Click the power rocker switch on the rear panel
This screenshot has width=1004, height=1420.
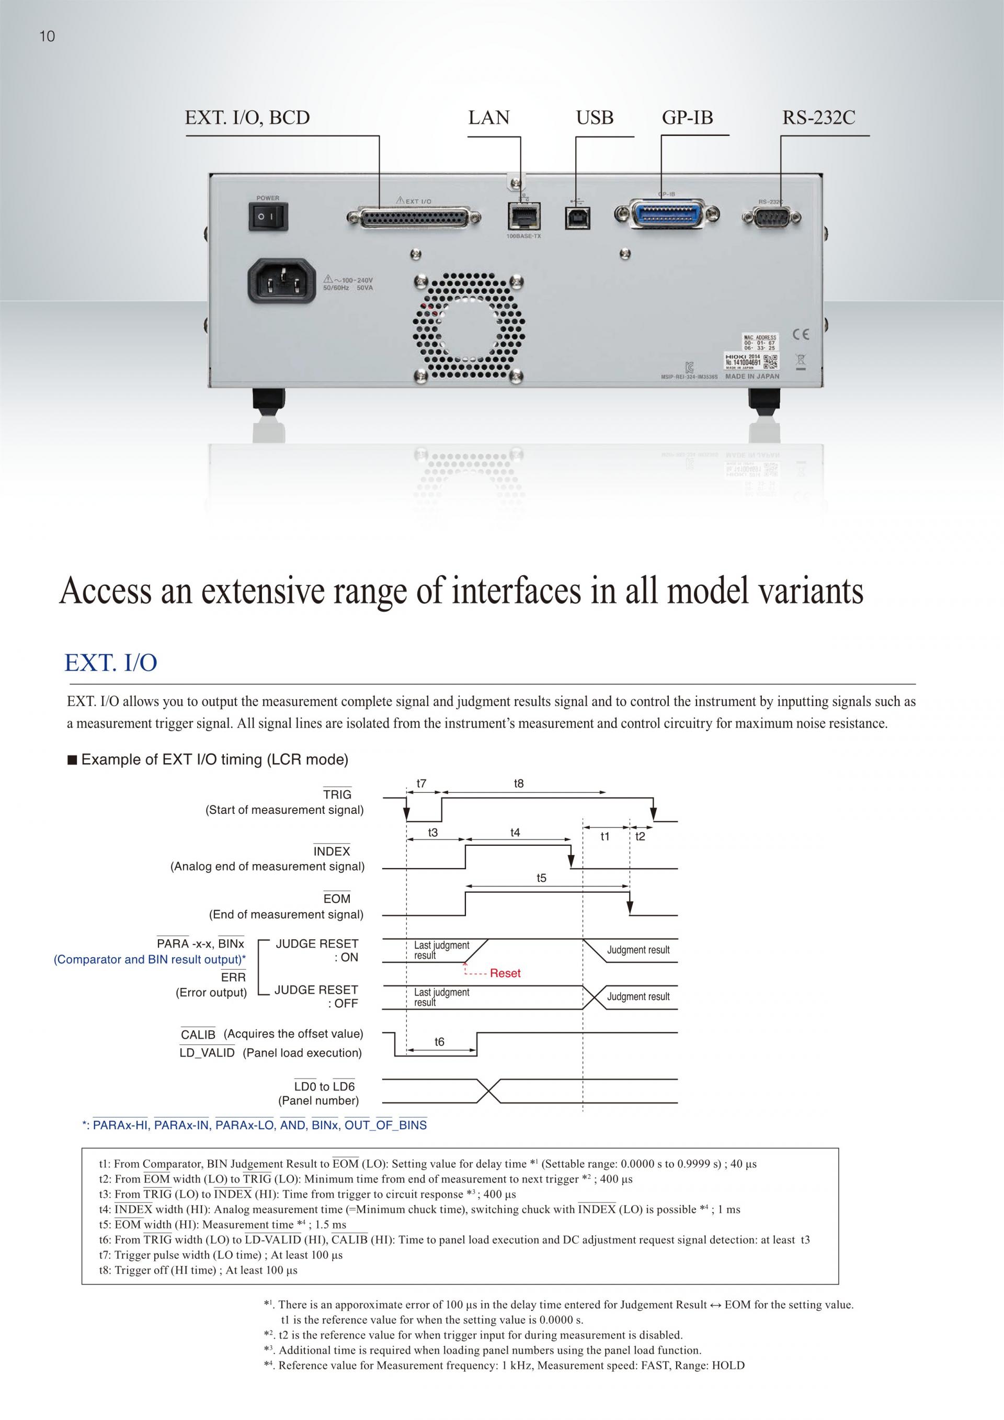coord(268,217)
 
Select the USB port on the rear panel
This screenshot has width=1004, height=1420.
coord(577,217)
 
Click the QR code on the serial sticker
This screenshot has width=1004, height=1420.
coord(771,360)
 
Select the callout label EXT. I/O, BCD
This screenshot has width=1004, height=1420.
coord(247,118)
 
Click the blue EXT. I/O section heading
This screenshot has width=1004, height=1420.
coord(111,662)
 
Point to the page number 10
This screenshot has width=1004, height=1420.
coord(47,37)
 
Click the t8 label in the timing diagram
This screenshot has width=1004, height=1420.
coord(519,783)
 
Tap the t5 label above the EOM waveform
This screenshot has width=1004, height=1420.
coord(542,878)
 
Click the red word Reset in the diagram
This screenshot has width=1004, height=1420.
coord(505,973)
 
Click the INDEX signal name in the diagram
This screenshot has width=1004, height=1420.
coord(332,851)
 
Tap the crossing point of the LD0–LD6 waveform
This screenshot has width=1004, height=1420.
coord(489,1091)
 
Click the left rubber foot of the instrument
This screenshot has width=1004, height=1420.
coord(269,405)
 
